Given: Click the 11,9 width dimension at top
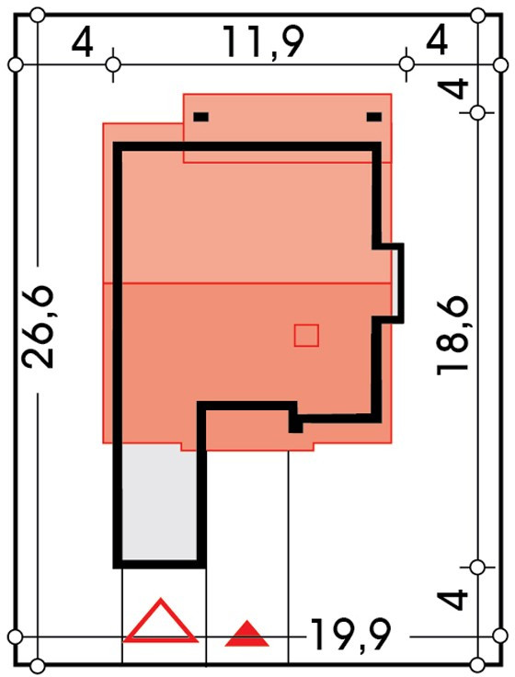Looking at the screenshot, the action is tap(263, 42).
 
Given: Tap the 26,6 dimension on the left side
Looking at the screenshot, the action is tap(38, 327).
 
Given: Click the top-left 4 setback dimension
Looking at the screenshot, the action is tap(82, 43).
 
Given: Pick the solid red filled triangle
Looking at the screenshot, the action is tap(246, 634).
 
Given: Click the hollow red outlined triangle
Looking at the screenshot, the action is tap(161, 622).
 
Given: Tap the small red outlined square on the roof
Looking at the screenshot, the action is tap(306, 336).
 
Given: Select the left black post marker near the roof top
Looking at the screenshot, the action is tap(201, 117).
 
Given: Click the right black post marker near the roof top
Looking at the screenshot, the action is tap(374, 117).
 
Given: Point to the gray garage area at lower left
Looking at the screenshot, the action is tap(159, 503).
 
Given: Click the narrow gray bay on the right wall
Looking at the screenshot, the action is tap(396, 283).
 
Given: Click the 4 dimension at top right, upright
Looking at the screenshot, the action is tap(437, 42).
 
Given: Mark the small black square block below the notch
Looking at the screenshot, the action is tap(296, 425).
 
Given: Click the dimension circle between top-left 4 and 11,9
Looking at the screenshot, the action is tap(113, 64).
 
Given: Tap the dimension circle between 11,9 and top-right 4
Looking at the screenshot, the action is tap(406, 63).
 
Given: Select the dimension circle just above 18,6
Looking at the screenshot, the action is tap(477, 113).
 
